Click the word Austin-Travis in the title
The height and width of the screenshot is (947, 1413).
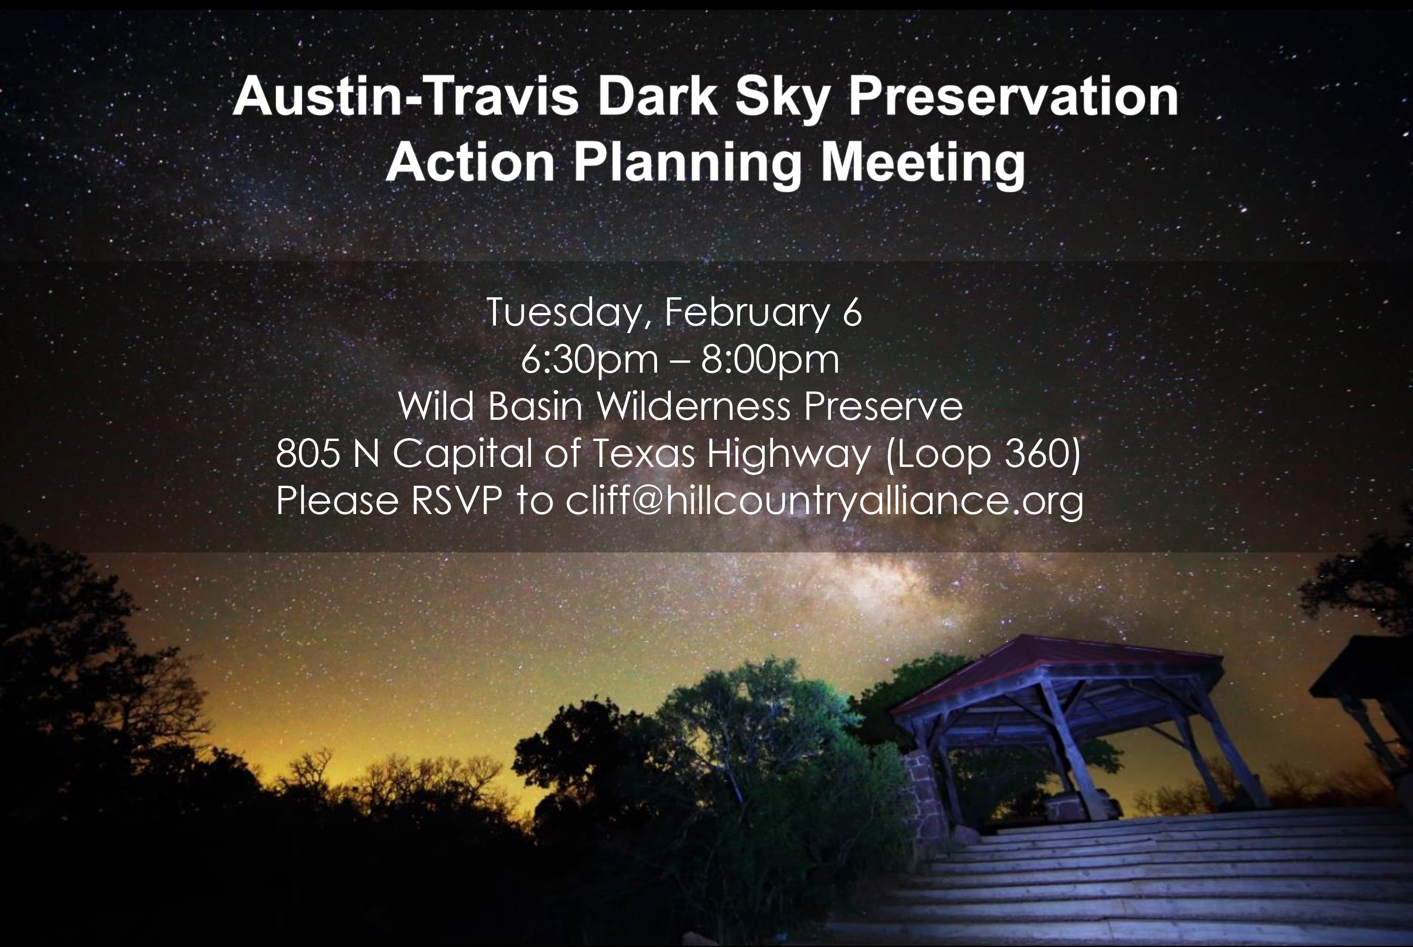(x=406, y=97)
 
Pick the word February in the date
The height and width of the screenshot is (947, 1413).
(x=747, y=313)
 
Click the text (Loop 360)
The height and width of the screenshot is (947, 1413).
(x=983, y=454)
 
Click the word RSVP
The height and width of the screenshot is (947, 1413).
(x=456, y=501)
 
